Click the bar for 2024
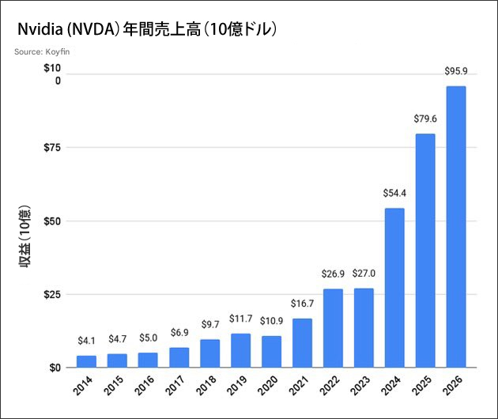(x=394, y=288)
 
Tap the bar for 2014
(x=86, y=361)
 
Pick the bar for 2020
(x=271, y=352)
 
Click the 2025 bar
(x=425, y=251)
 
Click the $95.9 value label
(x=456, y=72)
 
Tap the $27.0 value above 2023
(x=364, y=274)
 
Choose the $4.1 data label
(x=86, y=342)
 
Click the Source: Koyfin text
(x=41, y=52)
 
